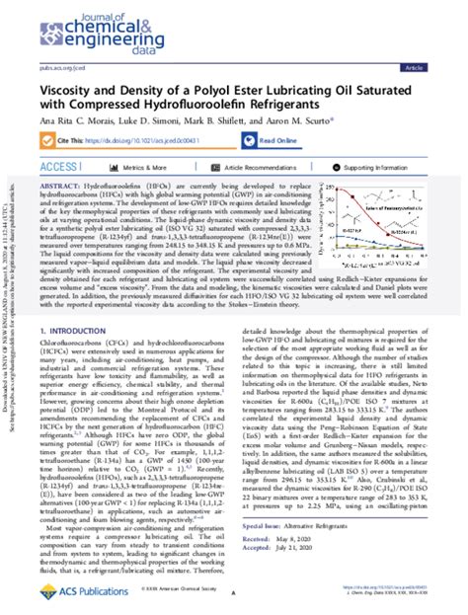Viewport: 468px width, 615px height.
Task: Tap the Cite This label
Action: click(77, 141)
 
